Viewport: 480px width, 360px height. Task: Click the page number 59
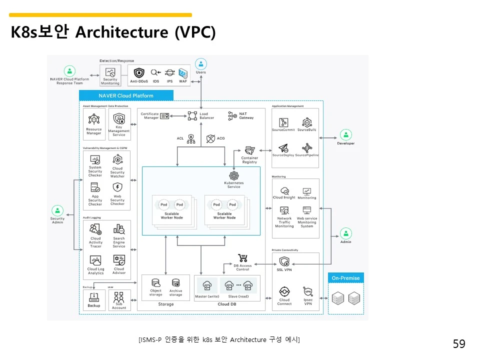(459, 344)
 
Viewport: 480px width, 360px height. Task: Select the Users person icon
(201, 64)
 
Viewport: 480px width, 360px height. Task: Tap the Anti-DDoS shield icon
(138, 72)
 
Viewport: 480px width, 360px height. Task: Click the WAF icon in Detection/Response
(183, 72)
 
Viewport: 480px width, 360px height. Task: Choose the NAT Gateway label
(246, 116)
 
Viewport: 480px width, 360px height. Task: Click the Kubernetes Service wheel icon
(233, 176)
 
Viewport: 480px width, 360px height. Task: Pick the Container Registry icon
(249, 150)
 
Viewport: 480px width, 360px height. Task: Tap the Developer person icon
(345, 134)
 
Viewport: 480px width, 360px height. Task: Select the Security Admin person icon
(57, 210)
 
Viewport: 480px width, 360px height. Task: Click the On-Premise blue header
(345, 278)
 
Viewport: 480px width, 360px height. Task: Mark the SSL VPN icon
(284, 261)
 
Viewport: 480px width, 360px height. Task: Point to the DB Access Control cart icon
(243, 258)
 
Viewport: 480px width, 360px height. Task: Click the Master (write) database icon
(207, 286)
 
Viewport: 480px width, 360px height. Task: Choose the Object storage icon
(155, 282)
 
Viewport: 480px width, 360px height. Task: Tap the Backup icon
(94, 297)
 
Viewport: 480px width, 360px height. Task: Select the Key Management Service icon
(118, 119)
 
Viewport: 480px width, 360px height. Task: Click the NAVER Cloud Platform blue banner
(126, 95)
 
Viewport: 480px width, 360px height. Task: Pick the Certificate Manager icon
(164, 116)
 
